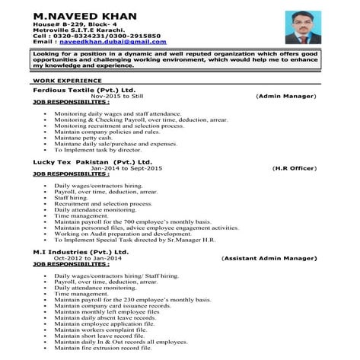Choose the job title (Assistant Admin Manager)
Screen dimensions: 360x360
pyautogui.click(x=269, y=258)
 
